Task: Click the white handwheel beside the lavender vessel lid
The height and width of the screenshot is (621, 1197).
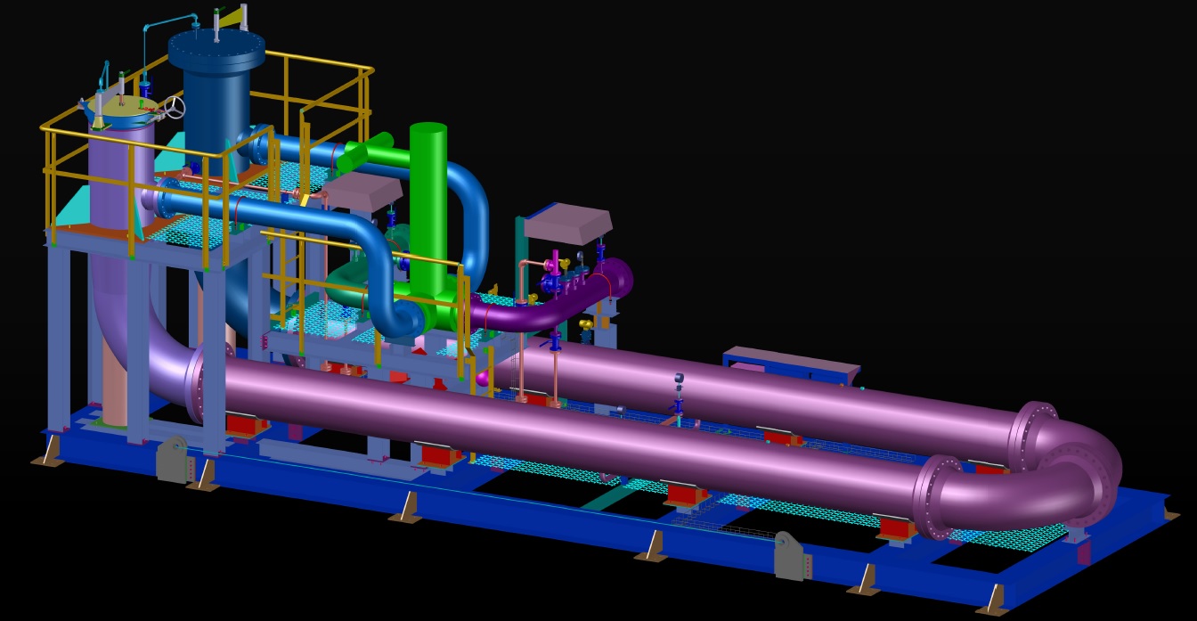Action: tap(175, 108)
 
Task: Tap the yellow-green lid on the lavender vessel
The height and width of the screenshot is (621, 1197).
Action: tap(120, 110)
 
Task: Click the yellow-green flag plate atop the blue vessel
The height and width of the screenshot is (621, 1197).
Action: tap(232, 13)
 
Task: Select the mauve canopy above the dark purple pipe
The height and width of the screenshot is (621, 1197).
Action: tap(568, 224)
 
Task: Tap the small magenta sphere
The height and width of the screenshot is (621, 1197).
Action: tap(483, 379)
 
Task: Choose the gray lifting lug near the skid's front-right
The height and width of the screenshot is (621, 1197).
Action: tap(792, 555)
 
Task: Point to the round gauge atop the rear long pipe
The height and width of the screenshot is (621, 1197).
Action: tap(679, 379)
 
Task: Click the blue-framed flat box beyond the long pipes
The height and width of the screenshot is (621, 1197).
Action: tap(790, 364)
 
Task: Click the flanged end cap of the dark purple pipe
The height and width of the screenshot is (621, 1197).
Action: tap(621, 278)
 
